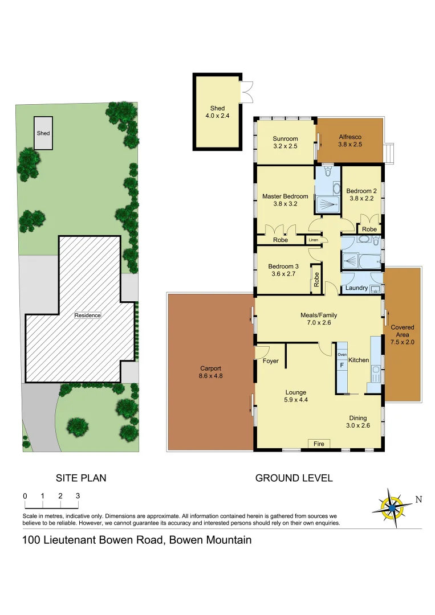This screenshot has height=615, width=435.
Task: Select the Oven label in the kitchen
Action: [342, 355]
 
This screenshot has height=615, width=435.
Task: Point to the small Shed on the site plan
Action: [43, 133]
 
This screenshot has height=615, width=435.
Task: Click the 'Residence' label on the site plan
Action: [87, 315]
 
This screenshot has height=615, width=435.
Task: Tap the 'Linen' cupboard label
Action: [313, 240]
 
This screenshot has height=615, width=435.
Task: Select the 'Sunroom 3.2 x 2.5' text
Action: [285, 142]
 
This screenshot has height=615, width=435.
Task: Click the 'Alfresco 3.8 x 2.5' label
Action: [350, 141]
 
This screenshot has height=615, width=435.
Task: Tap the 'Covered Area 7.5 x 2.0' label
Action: [403, 335]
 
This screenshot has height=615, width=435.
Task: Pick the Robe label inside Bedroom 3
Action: [316, 280]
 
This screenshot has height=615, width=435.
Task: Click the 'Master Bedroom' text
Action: [285, 196]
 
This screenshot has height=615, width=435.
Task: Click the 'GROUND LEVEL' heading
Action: [294, 478]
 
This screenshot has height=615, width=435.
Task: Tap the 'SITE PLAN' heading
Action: [81, 478]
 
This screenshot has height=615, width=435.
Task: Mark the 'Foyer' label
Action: [271, 361]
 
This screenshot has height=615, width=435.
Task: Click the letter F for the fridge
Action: [342, 365]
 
